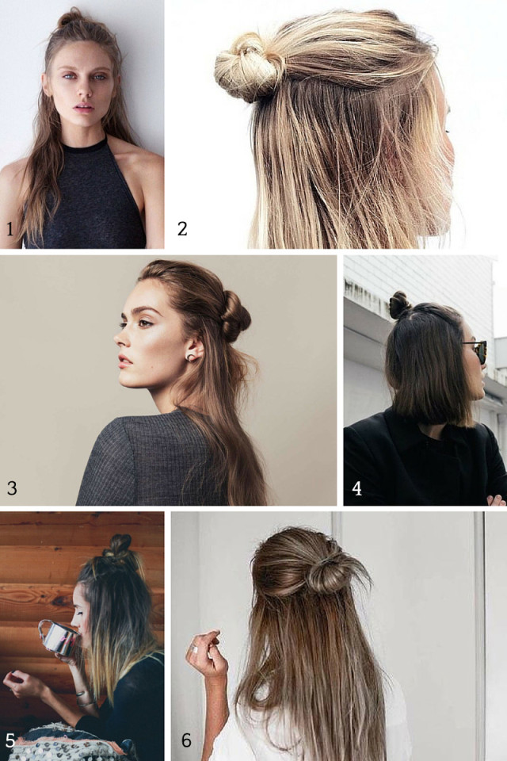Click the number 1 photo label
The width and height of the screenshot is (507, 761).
(10, 231)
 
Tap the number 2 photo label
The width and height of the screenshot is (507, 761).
(183, 229)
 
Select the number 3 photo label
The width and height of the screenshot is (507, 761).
(11, 488)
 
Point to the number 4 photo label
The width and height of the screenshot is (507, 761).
(357, 488)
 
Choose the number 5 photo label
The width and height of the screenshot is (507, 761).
(10, 741)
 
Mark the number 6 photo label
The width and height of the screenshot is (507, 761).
(187, 741)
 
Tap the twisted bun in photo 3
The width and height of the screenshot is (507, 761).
(234, 314)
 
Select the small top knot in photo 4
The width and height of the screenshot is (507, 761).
(399, 304)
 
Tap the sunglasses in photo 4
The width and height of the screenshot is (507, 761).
(477, 350)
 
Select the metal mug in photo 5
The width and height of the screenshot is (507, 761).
(55, 637)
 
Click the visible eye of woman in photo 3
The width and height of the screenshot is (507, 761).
(146, 323)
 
